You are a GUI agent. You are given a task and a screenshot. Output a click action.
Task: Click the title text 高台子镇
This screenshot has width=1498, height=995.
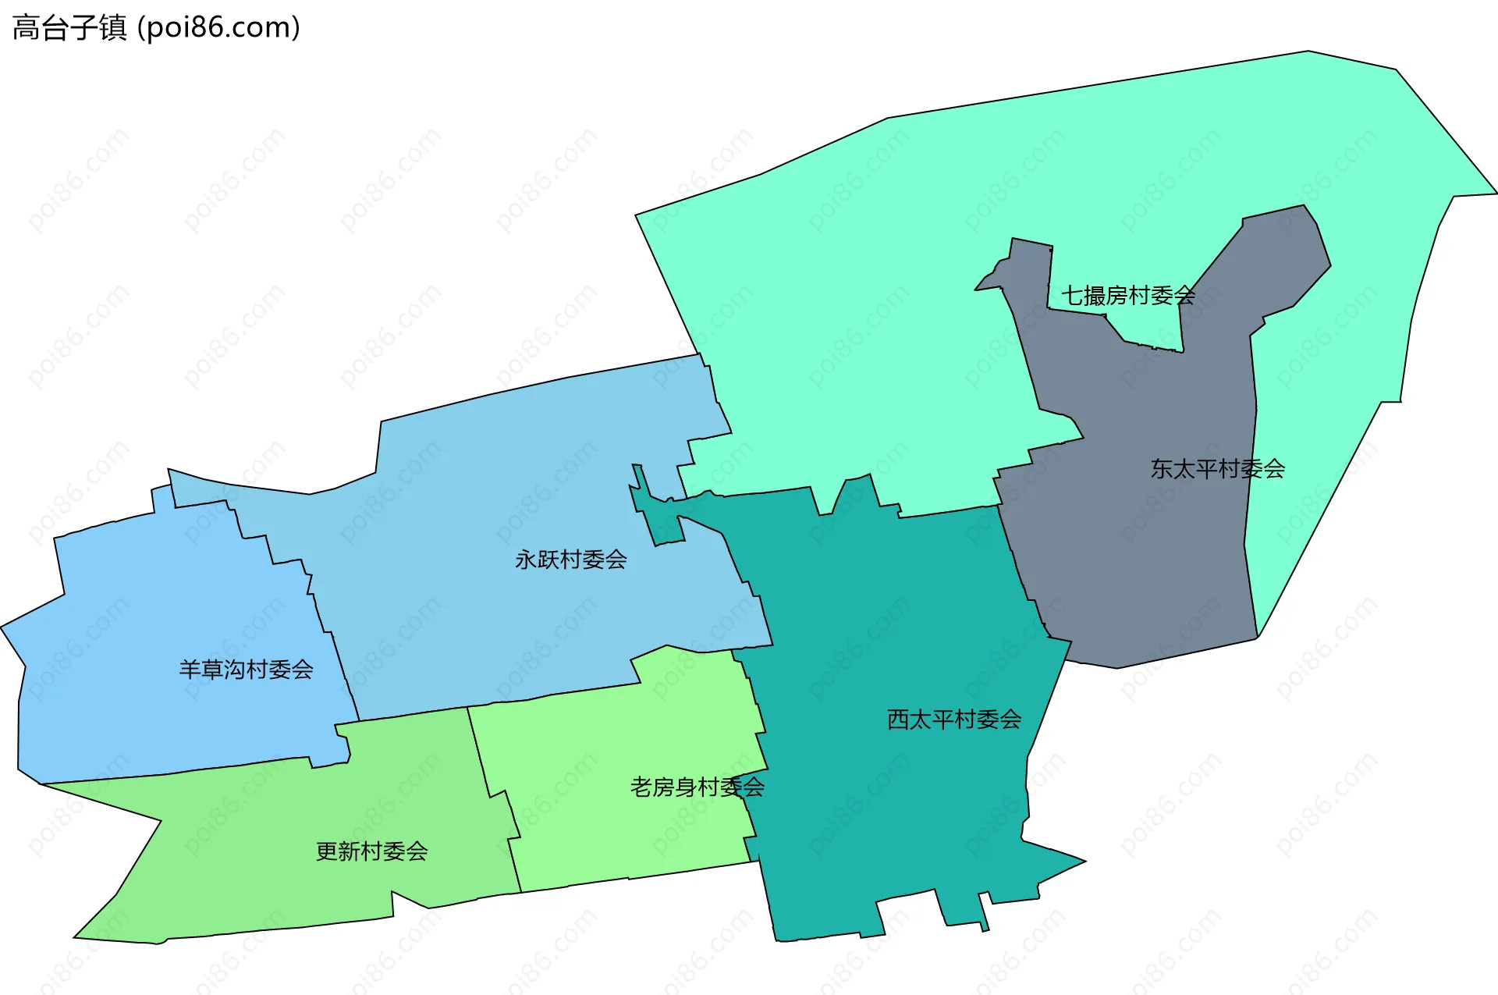click(69, 28)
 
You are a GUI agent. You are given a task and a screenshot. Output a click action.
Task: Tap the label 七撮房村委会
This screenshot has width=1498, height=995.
click(1127, 296)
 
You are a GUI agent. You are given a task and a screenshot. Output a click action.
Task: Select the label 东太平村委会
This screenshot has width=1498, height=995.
click(1217, 469)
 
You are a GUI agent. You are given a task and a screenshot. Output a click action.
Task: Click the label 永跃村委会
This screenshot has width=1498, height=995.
click(570, 560)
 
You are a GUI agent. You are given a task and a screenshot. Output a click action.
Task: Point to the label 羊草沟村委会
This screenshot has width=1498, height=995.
click(246, 670)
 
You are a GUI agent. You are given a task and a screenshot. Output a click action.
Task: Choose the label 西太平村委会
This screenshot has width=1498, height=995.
click(953, 720)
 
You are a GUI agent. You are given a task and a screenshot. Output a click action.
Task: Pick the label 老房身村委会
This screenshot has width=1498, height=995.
click(697, 787)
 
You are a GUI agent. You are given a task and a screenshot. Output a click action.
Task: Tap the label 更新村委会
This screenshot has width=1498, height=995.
click(371, 851)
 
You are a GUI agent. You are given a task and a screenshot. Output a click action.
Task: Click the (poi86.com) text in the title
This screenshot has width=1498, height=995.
click(218, 28)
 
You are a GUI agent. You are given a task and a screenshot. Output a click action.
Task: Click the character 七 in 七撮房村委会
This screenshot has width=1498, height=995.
click(1072, 296)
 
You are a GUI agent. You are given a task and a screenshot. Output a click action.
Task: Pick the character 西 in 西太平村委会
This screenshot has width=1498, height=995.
click(898, 720)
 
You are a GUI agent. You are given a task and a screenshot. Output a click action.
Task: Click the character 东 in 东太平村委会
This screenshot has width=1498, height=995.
click(1162, 469)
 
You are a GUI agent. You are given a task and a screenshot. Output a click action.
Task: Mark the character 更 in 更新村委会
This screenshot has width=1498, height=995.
click(327, 851)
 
